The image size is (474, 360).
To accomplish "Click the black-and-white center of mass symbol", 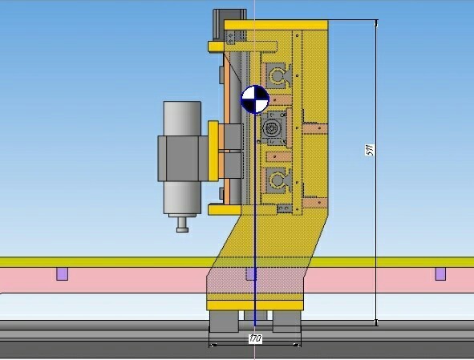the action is [255, 99].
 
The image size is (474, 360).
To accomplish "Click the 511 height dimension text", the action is [370, 150].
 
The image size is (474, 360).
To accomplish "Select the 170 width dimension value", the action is [255, 339].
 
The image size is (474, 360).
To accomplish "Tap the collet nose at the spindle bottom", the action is [182, 225].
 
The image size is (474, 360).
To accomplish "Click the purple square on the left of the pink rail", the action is [63, 274].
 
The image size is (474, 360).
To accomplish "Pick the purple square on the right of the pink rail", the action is [440, 274].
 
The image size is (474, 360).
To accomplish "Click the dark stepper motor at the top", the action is [229, 24].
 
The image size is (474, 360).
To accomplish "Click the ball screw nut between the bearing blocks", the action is [273, 127].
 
